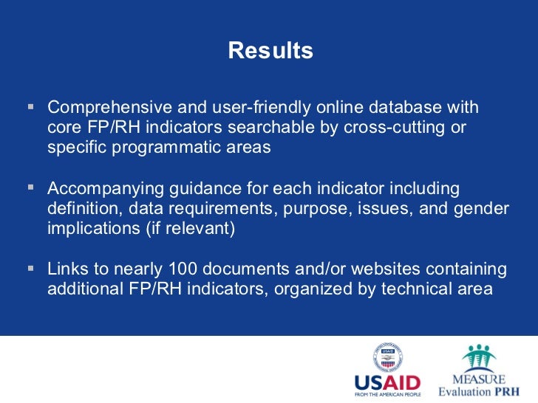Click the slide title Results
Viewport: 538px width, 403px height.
[270, 51]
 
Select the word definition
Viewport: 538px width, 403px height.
[84, 209]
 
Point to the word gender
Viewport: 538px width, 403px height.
[483, 209]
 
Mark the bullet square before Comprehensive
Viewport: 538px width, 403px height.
[31, 107]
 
